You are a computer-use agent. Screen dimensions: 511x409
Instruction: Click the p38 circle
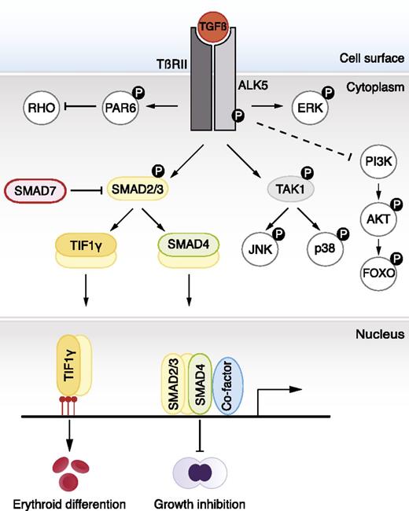[x=325, y=250]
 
